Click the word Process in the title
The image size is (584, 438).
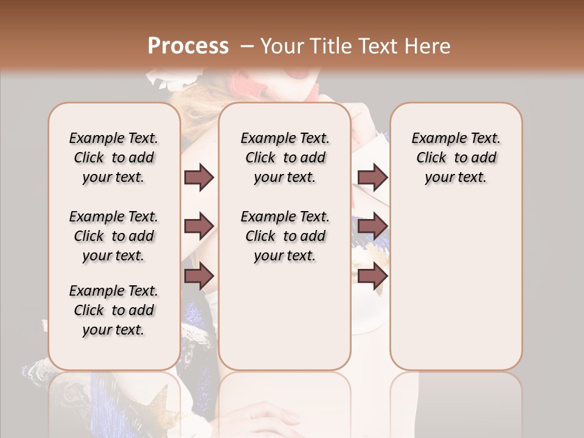188,46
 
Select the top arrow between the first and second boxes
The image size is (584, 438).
199,178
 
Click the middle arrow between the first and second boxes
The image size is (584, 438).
199,226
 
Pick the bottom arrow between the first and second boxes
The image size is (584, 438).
199,276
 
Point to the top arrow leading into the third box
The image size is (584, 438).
372,178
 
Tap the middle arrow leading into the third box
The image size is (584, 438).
372,226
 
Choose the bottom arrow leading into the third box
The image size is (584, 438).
372,276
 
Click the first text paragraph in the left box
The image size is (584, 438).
114,158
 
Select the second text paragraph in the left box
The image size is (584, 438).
114,236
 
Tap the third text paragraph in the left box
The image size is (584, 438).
114,310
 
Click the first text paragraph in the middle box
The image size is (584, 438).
285,158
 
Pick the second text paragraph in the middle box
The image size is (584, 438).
285,236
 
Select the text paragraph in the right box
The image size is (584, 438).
456,158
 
